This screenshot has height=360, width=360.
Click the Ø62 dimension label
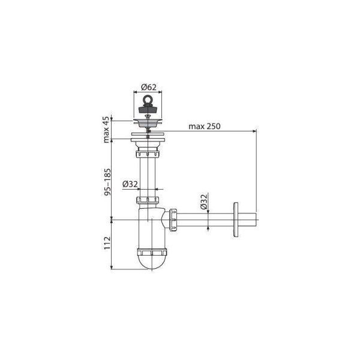(149, 87)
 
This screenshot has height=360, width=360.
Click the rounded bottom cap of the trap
(152, 262)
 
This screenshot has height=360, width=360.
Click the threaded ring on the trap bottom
(152, 248)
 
